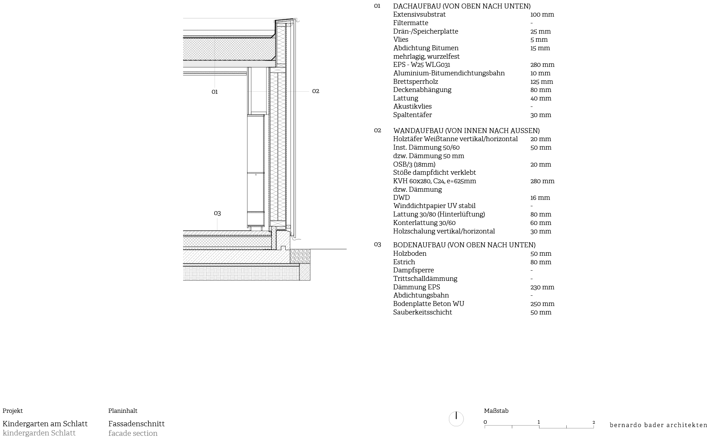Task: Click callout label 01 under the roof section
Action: [215, 92]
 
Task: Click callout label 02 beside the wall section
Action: [316, 91]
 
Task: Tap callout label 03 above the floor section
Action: [217, 213]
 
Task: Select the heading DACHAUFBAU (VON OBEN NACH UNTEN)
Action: [462, 6]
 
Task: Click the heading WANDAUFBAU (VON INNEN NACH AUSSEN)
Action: [466, 131]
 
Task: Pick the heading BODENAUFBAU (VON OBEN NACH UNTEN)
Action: [464, 245]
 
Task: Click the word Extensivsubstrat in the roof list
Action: [419, 15]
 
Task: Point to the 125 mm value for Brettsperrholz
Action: [542, 82]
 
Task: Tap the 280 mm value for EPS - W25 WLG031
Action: [542, 65]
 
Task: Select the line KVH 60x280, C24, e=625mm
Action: [434, 181]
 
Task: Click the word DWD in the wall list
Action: [401, 198]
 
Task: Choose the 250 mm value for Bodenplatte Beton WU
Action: [542, 304]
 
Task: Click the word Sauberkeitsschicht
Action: [422, 312]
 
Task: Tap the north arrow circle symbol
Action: [456, 419]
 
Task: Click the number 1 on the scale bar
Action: [539, 422]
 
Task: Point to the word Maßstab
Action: [496, 411]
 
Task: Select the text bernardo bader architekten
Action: [658, 425]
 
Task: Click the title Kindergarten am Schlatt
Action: [45, 424]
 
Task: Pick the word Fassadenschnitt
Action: [136, 424]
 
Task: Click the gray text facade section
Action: [133, 433]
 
